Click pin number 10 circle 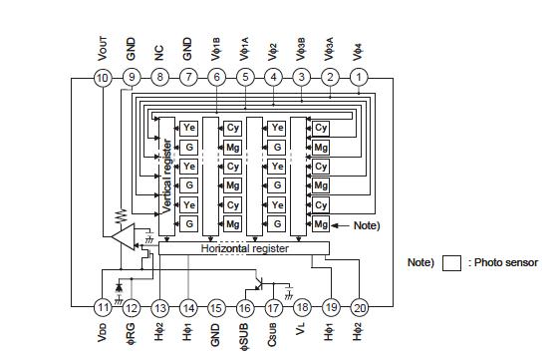102,77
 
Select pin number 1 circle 360,77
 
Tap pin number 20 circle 360,308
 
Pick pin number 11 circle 102,308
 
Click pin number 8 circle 159,77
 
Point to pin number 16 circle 245,308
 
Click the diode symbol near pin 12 120,286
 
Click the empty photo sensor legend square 452,263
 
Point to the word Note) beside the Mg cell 367,225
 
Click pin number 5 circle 245,77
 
